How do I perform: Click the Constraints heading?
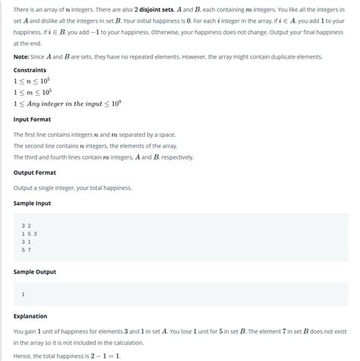30,69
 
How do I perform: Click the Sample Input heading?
34,203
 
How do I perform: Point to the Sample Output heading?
36,271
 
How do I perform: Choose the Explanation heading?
30,316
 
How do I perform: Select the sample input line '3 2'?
27,226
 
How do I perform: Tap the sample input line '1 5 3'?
30,233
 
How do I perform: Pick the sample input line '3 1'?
27,241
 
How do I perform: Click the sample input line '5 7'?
27,249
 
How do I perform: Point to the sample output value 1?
24,293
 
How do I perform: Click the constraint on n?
33,80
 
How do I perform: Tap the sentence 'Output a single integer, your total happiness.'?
72,187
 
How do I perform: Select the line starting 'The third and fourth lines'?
103,157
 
